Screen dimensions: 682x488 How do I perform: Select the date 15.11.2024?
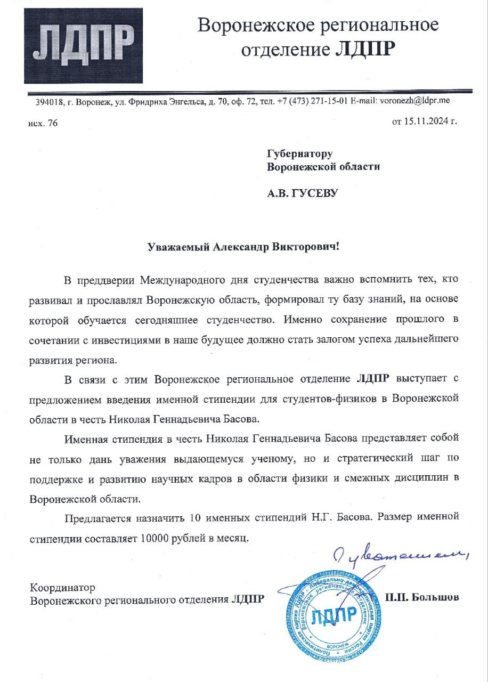click(x=424, y=121)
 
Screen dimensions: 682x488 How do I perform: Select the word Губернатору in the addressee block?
click(x=299, y=153)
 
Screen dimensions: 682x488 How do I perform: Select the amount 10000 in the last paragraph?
click(x=156, y=538)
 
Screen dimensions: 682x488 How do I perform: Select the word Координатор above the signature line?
click(x=63, y=588)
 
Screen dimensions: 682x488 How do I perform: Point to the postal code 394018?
click(x=48, y=101)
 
